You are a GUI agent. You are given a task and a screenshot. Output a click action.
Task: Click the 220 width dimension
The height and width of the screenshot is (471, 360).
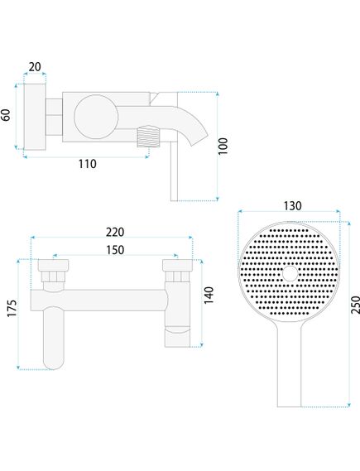(114, 234)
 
